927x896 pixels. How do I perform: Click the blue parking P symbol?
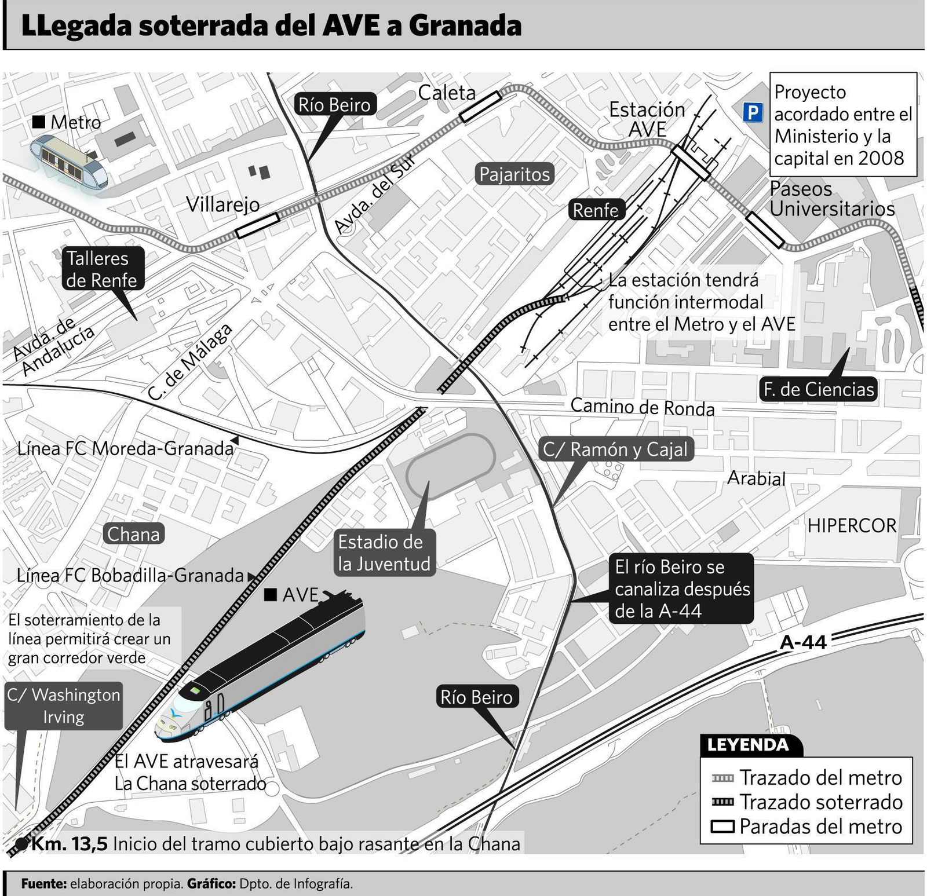point(753,112)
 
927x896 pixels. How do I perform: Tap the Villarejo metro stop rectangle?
point(258,226)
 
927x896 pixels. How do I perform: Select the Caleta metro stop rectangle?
point(480,107)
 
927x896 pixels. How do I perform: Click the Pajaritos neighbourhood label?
point(514,174)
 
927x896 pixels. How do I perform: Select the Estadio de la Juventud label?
point(384,553)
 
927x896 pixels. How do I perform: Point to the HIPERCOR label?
point(852,525)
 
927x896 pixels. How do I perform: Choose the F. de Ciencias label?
point(818,389)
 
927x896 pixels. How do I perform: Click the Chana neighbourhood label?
point(133,534)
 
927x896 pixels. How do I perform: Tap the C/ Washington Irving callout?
point(63,705)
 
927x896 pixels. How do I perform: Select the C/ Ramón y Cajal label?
point(615,449)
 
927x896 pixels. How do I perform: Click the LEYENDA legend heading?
point(747,745)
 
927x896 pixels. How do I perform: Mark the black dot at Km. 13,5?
point(21,844)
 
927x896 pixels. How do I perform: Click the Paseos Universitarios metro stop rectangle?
point(765,230)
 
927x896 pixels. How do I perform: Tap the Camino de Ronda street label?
point(643,407)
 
